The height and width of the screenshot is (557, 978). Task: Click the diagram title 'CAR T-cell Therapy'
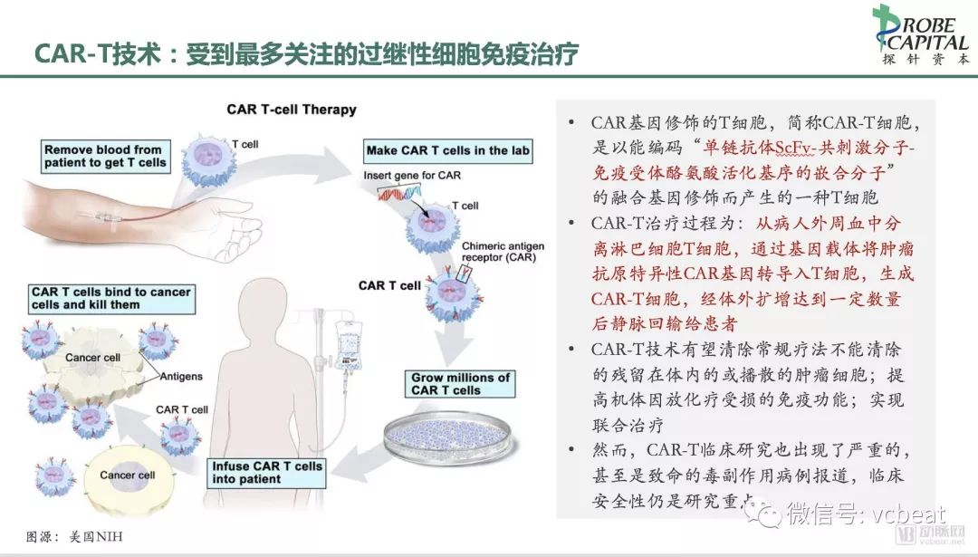tap(291, 110)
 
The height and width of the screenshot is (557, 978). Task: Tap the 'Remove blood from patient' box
tap(104, 156)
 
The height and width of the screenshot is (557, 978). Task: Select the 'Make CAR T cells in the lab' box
tap(448, 149)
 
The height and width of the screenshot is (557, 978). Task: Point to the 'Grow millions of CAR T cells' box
tap(460, 384)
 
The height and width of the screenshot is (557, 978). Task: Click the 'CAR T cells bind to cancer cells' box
tap(110, 298)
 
